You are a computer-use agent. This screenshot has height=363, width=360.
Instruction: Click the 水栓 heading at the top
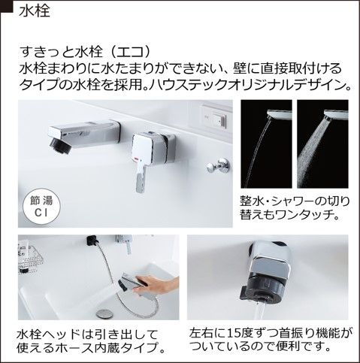[x=35, y=11]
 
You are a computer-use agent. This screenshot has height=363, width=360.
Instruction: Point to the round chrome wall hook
[x=218, y=165]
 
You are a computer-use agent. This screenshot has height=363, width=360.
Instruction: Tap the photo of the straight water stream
[x=266, y=144]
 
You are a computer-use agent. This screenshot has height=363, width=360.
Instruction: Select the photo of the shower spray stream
[x=322, y=144]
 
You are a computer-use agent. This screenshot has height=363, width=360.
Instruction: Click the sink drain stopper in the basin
[x=102, y=313]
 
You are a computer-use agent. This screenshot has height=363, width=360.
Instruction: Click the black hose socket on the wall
[x=92, y=241]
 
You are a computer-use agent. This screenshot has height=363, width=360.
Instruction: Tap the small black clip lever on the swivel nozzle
[x=247, y=293]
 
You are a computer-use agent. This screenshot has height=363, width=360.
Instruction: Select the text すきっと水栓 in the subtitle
[x=61, y=52]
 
